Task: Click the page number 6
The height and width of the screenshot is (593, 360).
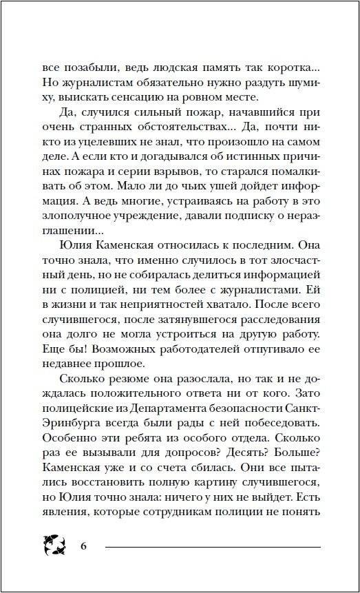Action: pos(83,547)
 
